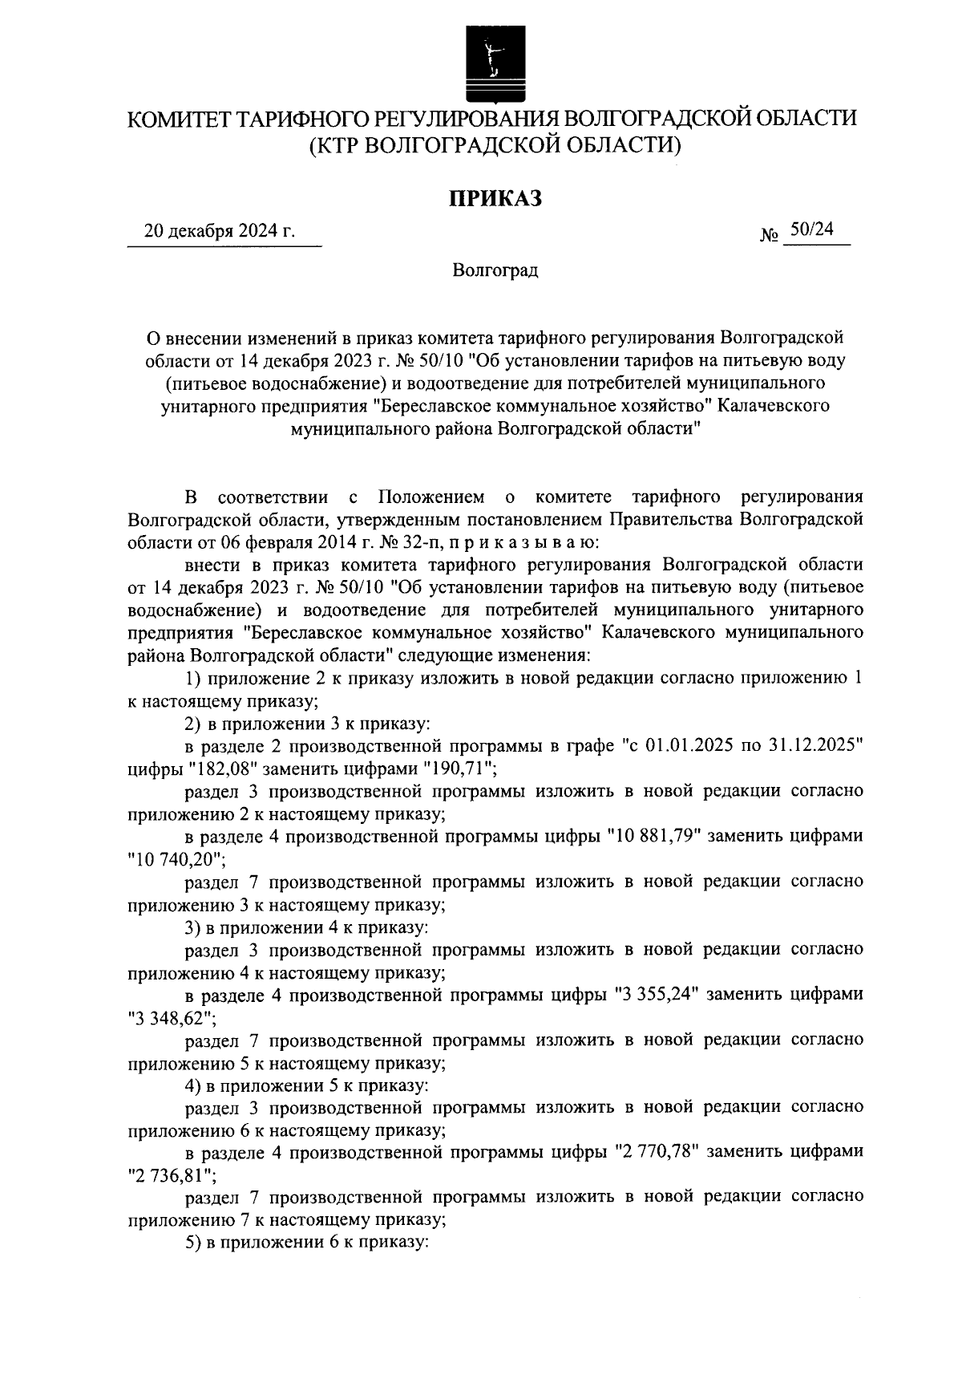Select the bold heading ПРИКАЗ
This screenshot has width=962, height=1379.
coord(495,197)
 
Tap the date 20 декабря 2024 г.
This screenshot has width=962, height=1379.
coord(220,233)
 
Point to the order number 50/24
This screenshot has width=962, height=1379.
coord(811,230)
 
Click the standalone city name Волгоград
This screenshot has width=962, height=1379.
coord(495,270)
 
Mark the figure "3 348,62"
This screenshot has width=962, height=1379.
coord(171,1017)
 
